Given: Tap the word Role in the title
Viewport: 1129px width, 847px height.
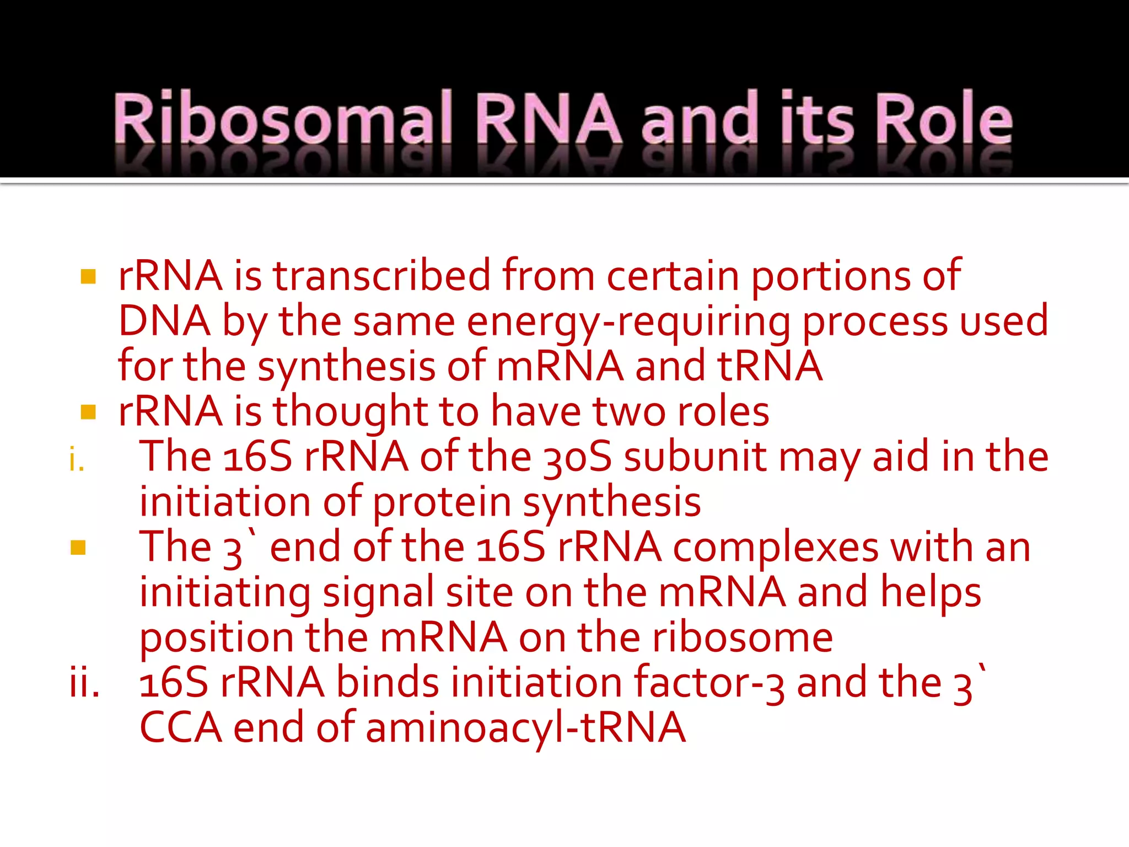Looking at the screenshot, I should coord(944,119).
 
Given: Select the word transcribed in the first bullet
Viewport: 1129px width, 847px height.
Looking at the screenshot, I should coord(381,276).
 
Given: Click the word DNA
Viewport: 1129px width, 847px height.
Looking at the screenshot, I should coord(164,321).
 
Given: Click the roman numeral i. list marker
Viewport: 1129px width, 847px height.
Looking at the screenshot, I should coord(77,459).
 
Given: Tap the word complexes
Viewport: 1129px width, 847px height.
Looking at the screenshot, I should coord(775,548).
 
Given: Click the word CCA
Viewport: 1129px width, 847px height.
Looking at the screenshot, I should coord(181,728).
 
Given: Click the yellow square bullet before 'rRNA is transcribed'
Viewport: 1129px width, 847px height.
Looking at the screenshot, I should coord(88,276).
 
